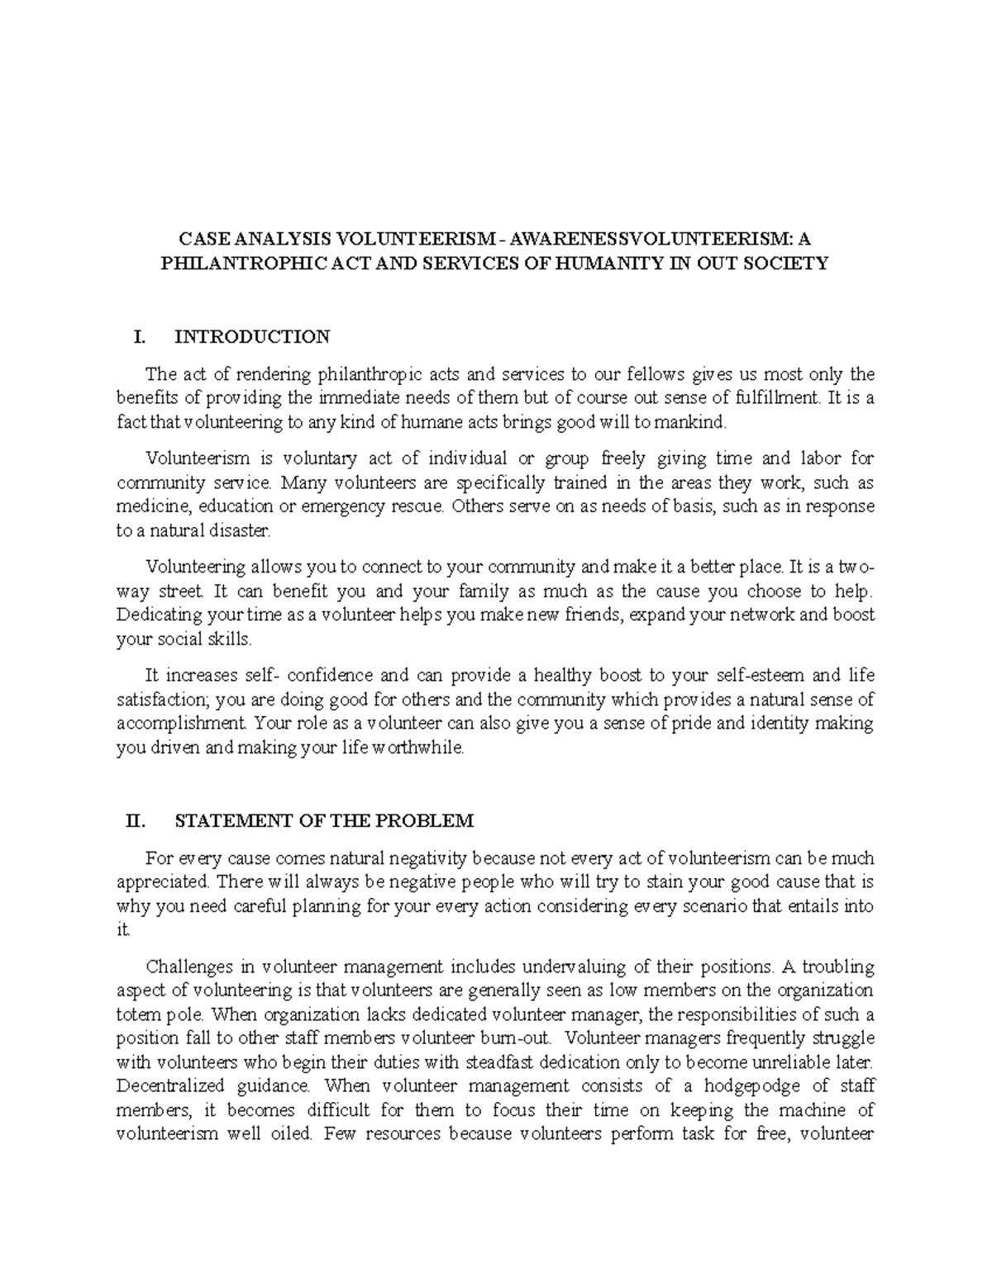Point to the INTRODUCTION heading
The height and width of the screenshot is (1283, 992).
(x=252, y=336)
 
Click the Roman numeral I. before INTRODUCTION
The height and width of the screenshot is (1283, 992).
(x=139, y=336)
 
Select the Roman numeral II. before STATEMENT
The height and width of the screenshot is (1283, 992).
(x=134, y=820)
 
